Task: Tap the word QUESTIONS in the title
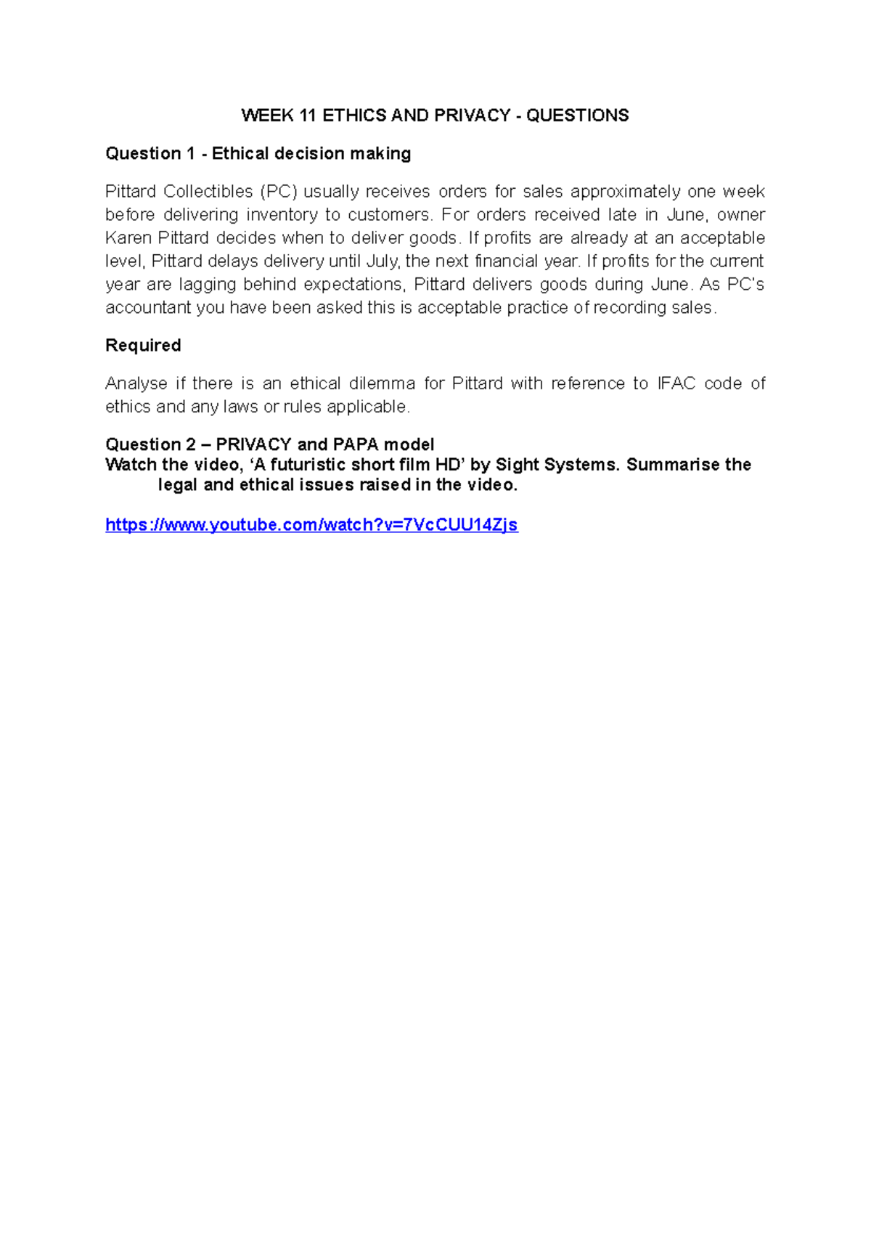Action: (577, 115)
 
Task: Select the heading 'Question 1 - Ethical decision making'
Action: (258, 153)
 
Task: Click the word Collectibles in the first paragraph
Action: (208, 192)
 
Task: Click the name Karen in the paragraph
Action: (128, 238)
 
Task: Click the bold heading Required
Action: (143, 346)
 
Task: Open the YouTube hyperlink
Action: (311, 524)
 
